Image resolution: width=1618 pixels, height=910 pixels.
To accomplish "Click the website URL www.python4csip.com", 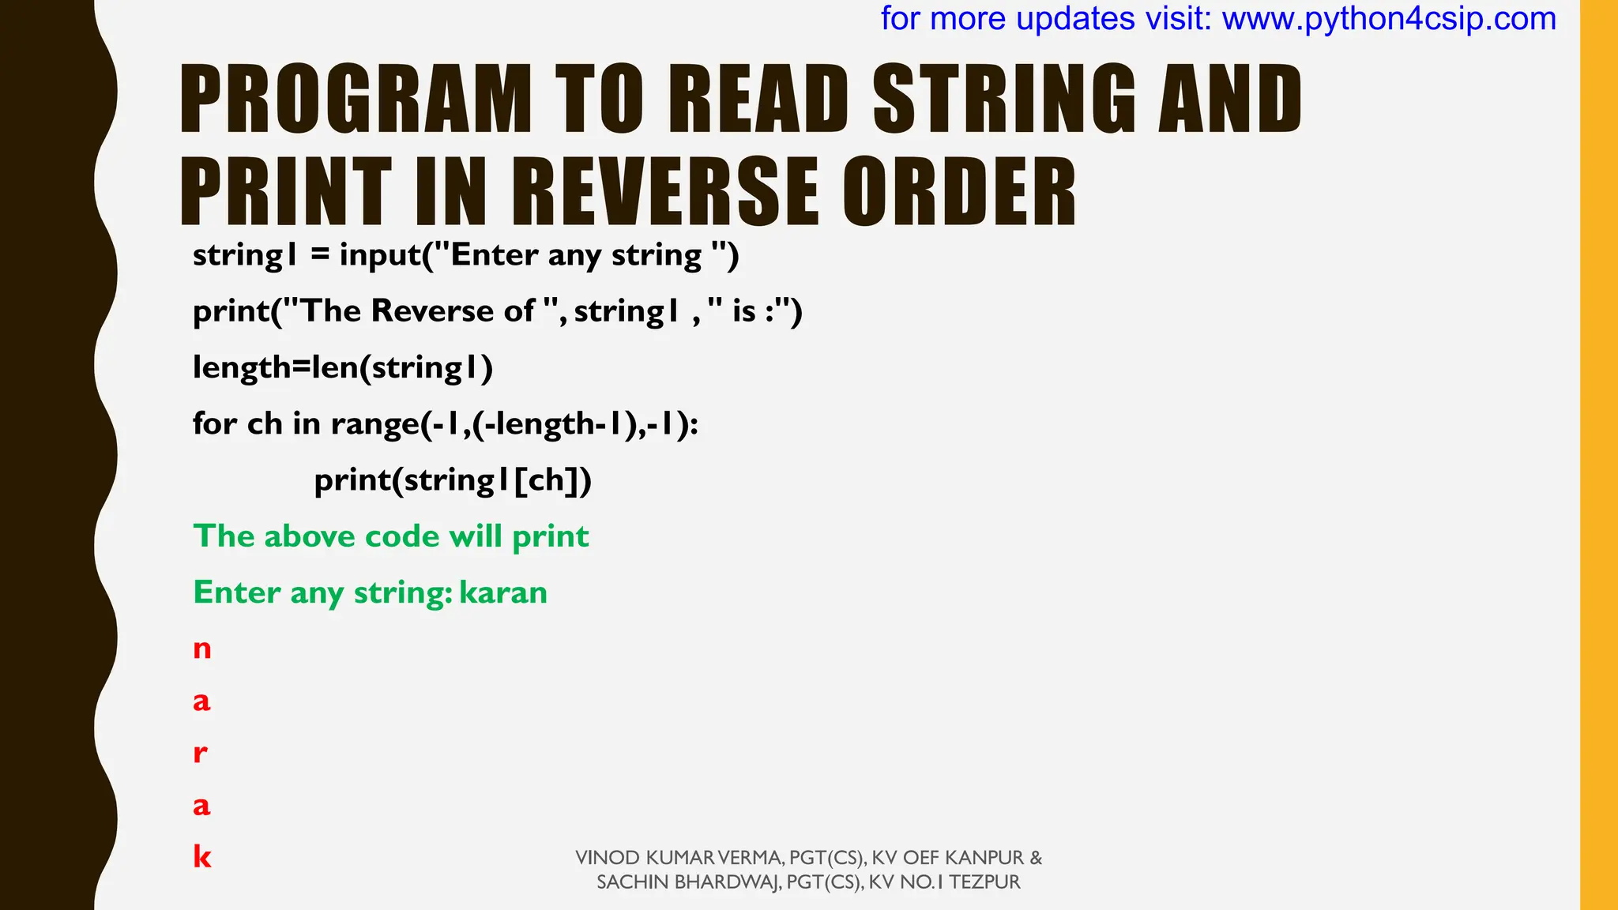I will click(1389, 19).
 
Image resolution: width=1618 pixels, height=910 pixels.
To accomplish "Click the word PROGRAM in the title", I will click(356, 99).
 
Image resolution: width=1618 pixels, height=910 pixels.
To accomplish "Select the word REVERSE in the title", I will click(666, 192).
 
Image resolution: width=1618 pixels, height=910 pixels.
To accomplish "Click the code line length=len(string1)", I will click(343, 367).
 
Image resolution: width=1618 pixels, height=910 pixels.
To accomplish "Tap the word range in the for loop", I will click(374, 424).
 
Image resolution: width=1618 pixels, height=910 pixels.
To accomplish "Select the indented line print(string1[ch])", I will click(453, 480).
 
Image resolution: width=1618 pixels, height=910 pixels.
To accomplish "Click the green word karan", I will click(503, 592).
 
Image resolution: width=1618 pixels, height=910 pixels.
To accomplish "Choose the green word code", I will click(401, 536).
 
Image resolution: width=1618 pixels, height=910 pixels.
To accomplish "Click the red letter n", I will click(202, 649).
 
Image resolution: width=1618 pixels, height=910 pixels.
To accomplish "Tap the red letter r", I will click(200, 753).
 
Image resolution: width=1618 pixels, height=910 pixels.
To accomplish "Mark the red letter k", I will click(202, 856).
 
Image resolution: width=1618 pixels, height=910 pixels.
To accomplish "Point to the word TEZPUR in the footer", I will click(984, 882).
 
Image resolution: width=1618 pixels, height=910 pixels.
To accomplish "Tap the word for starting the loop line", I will click(215, 424).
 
